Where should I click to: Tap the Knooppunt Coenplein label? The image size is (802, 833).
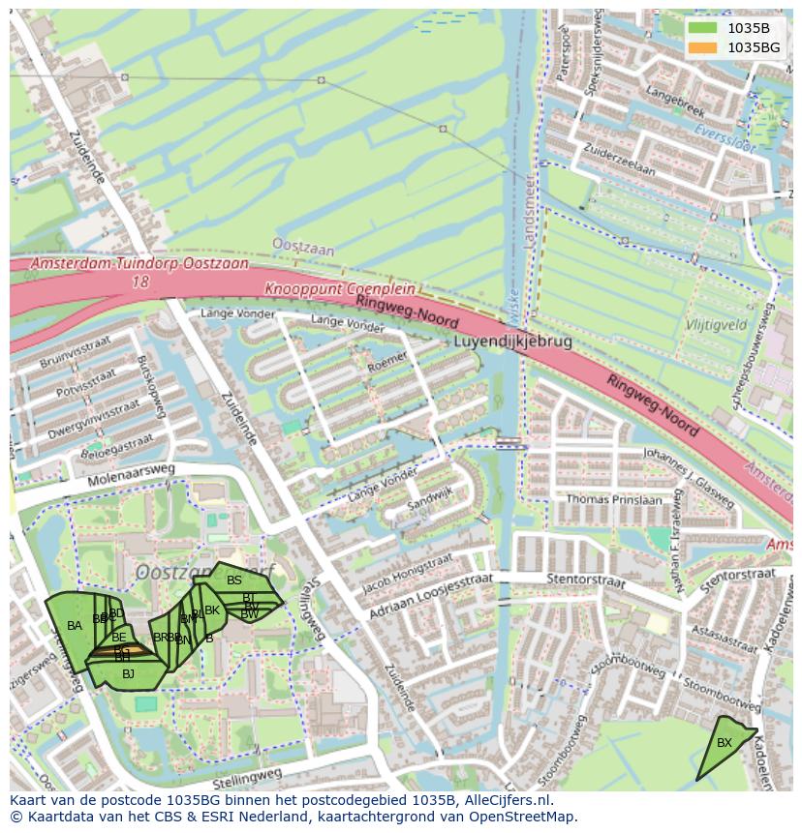(x=339, y=289)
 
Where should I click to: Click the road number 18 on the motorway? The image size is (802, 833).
(x=141, y=282)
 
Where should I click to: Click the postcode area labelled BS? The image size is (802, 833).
(x=234, y=580)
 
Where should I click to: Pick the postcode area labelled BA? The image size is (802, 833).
(x=74, y=627)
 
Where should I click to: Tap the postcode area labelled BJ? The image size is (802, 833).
(x=128, y=674)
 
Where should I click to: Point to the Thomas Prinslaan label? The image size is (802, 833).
(x=615, y=500)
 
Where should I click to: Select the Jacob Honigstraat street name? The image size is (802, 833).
(x=408, y=574)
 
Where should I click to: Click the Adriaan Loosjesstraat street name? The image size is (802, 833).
(x=431, y=594)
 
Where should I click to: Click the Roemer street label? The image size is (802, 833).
(x=387, y=363)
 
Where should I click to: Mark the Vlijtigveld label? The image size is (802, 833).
(x=716, y=326)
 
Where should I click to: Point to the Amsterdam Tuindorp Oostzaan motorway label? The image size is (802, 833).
(x=139, y=263)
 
